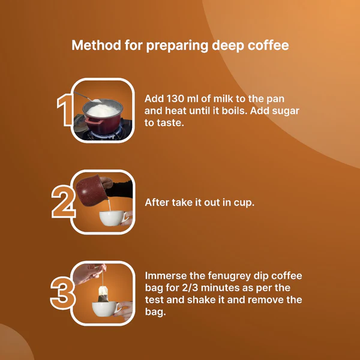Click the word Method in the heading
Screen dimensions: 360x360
click(x=96, y=45)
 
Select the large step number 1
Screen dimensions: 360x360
click(x=64, y=110)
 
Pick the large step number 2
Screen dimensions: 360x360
click(x=63, y=202)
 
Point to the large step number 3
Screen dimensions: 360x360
click(x=62, y=293)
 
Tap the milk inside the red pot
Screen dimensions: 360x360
click(x=103, y=110)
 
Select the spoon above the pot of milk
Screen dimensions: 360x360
click(x=88, y=97)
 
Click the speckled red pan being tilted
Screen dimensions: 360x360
click(x=91, y=190)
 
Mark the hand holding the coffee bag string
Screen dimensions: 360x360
click(x=88, y=273)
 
